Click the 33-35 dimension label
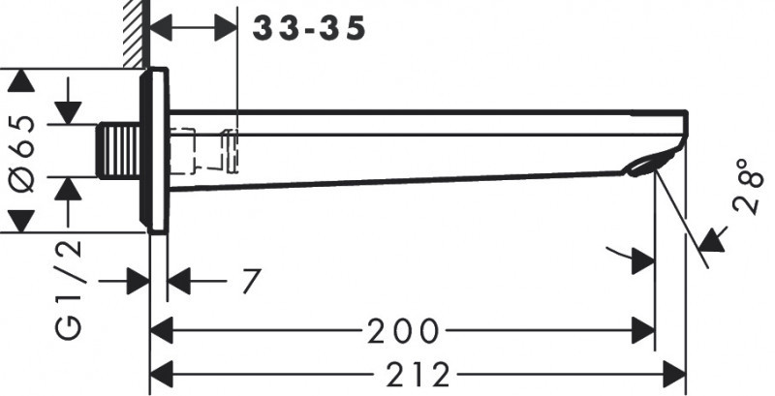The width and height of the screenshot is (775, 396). click(x=310, y=29)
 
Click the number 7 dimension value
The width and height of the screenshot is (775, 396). click(x=251, y=282)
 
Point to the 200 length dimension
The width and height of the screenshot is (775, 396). click(x=402, y=332)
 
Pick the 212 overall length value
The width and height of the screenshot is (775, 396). click(x=417, y=372)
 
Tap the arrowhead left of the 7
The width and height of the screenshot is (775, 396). click(x=180, y=282)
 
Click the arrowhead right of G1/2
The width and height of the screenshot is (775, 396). click(x=138, y=282)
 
